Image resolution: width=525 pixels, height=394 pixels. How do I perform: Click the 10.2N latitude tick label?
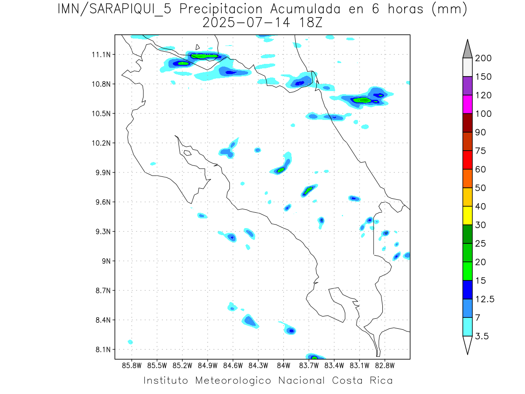tap(102, 143)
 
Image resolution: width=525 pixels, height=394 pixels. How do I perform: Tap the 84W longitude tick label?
tap(283, 365)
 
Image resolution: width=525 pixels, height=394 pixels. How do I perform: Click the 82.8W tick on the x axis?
tap(385, 365)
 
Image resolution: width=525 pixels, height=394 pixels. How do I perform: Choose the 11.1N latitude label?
tap(102, 55)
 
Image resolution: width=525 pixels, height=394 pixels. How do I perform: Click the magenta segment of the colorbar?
tap(467, 105)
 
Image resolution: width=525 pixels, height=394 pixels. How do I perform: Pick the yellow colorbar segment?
tap(467, 215)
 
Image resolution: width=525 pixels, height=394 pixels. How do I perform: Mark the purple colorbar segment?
tap(467, 86)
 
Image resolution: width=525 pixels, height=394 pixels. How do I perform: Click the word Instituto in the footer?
tap(166, 380)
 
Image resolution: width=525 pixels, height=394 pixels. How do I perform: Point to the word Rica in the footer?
tap(380, 380)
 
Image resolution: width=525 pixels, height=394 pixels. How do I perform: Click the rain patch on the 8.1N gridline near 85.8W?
tap(130, 342)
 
